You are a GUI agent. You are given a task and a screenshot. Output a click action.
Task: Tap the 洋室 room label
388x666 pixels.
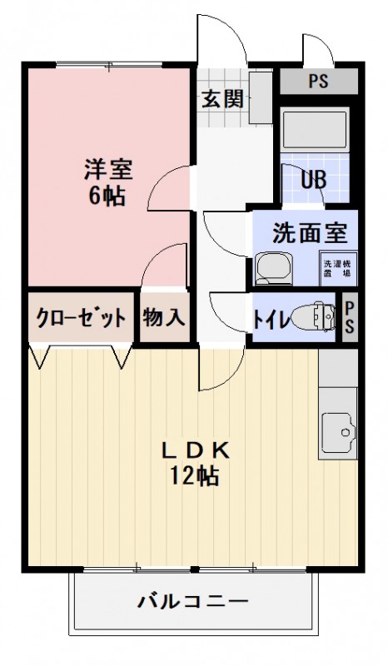click(x=108, y=171)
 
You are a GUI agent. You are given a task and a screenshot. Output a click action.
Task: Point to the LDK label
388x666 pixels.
click(x=194, y=450)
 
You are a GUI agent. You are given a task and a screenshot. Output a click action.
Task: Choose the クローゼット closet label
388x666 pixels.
click(x=81, y=317)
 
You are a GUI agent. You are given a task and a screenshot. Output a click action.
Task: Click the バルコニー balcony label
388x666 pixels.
click(x=193, y=600)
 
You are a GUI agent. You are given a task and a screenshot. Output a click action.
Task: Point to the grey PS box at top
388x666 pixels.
click(x=317, y=82)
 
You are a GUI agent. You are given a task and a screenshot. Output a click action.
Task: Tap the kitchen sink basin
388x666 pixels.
click(x=337, y=433)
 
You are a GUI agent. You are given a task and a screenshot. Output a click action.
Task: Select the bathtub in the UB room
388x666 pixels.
click(x=314, y=131)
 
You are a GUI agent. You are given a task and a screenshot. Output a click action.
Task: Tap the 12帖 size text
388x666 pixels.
click(x=194, y=476)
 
